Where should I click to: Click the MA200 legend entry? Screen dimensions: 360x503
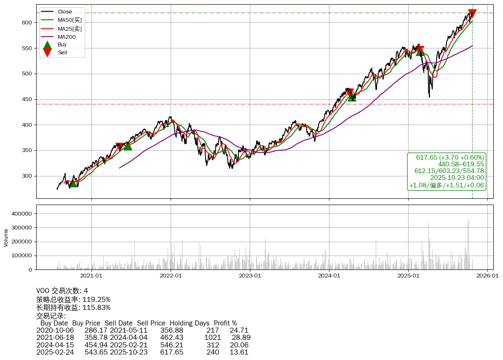[67, 37]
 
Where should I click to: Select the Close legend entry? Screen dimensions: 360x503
[65, 12]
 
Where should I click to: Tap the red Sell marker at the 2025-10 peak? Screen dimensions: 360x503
[472, 13]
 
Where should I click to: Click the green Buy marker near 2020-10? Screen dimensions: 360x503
[73, 183]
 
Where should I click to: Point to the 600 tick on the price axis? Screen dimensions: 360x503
[27, 22]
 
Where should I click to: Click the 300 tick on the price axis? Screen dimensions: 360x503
[27, 176]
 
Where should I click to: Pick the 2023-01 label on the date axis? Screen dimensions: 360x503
[250, 276]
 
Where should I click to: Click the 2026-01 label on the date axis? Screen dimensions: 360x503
[487, 276]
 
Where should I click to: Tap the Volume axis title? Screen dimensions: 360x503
[6, 237]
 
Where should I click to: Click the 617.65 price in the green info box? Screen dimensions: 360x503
[425, 157]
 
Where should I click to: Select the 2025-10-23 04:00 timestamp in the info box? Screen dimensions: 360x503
[457, 178]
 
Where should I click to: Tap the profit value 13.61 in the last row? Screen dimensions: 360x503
[239, 352]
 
